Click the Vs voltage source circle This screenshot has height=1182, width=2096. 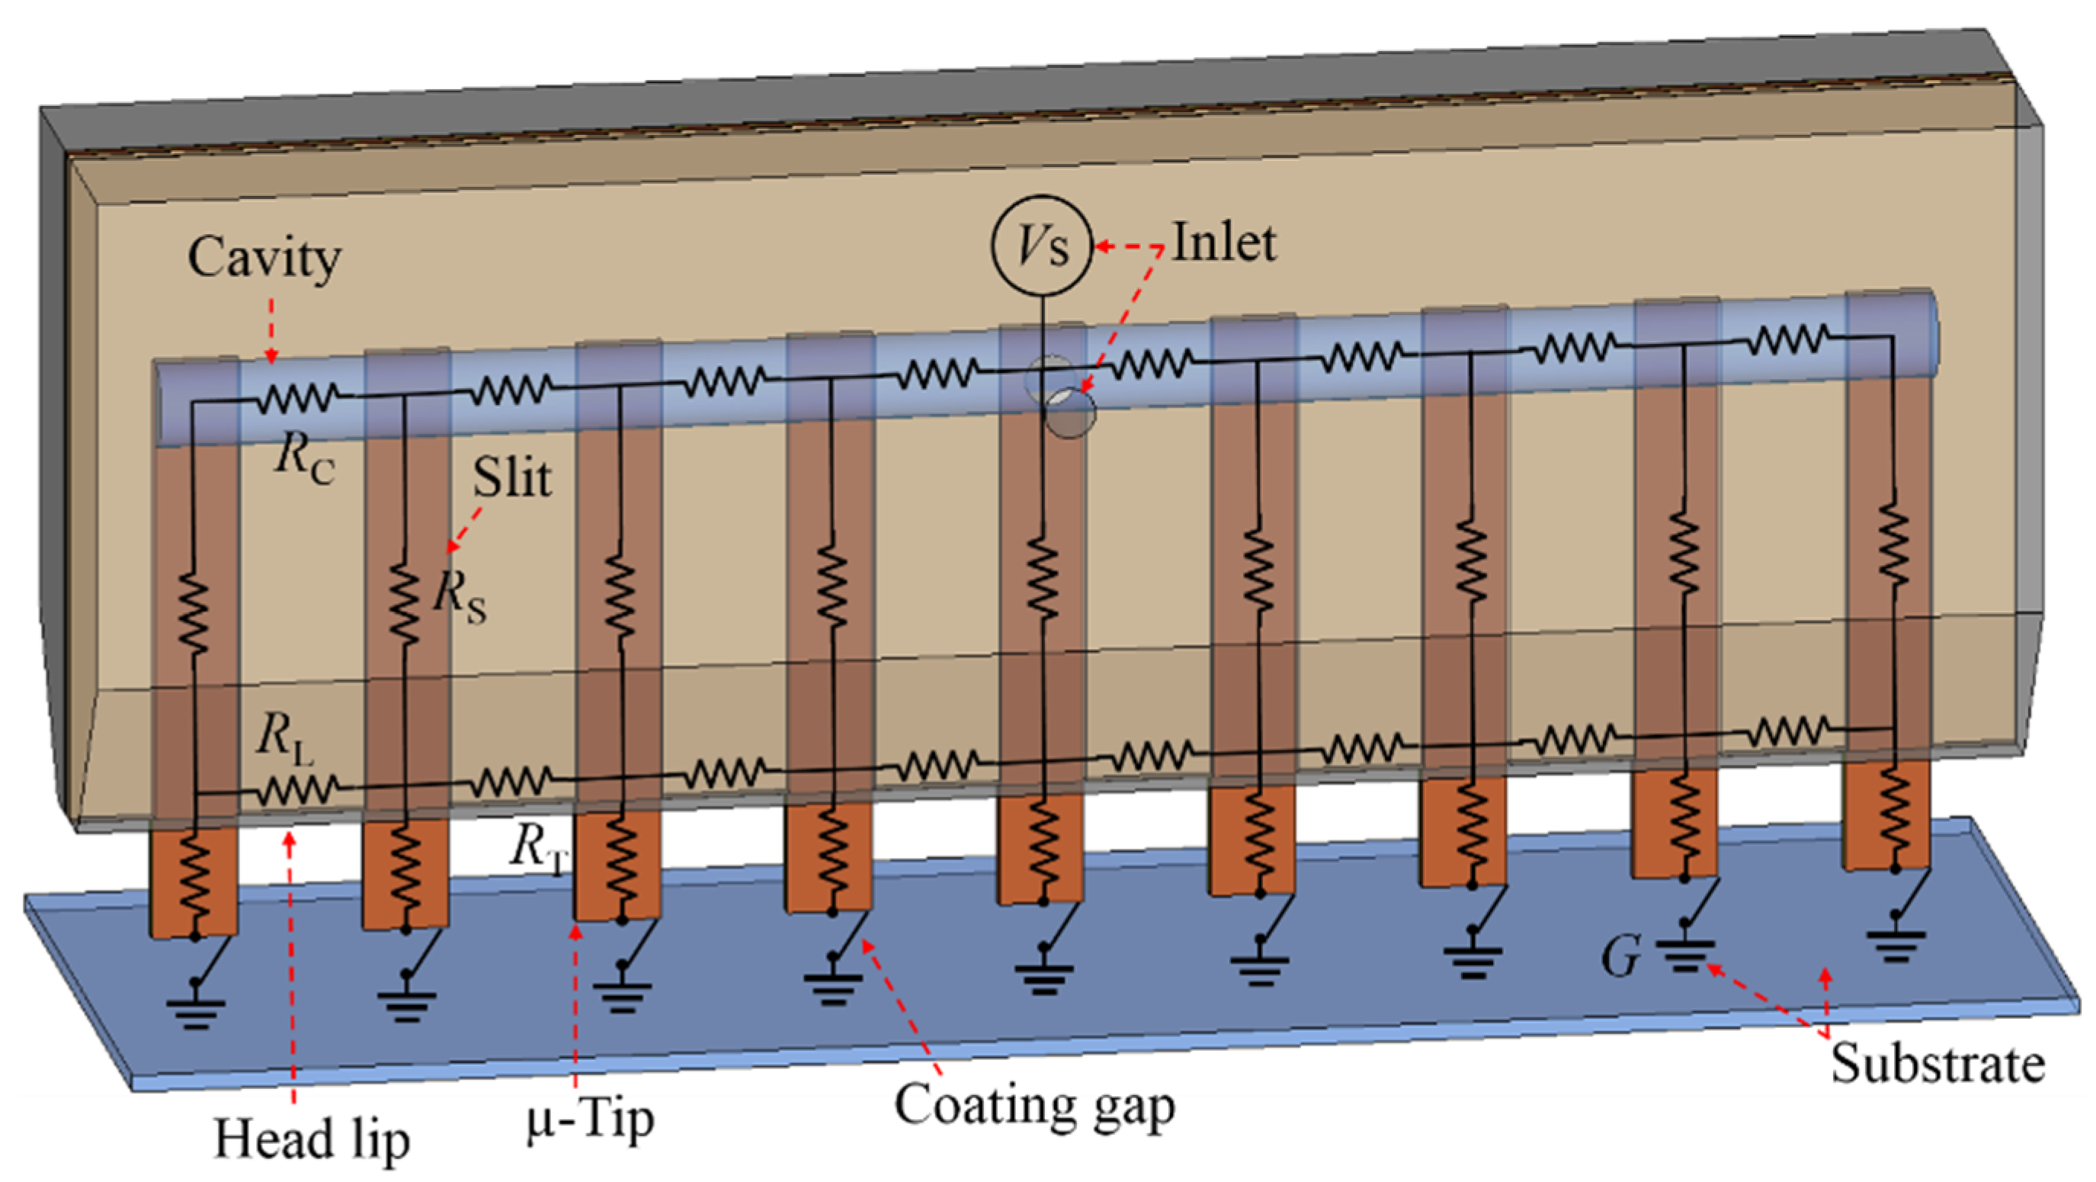(1040, 245)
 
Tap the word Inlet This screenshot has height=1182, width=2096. (1223, 243)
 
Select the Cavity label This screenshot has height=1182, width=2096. (264, 259)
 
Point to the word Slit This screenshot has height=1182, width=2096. (511, 477)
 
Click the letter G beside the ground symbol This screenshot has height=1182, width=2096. (1619, 957)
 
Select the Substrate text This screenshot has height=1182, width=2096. (1937, 1065)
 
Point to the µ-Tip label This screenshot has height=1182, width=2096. (590, 1120)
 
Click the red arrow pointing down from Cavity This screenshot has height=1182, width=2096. (271, 329)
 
